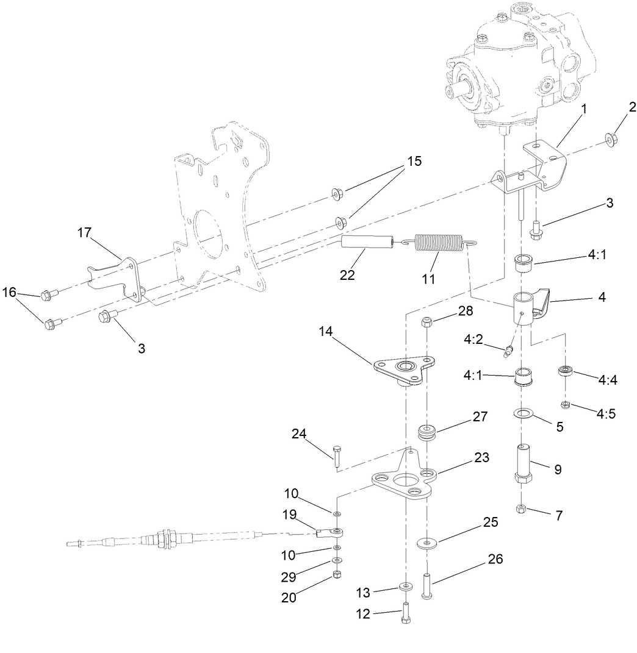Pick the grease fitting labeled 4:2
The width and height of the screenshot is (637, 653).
[508, 351]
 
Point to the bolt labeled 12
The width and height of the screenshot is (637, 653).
[405, 612]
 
